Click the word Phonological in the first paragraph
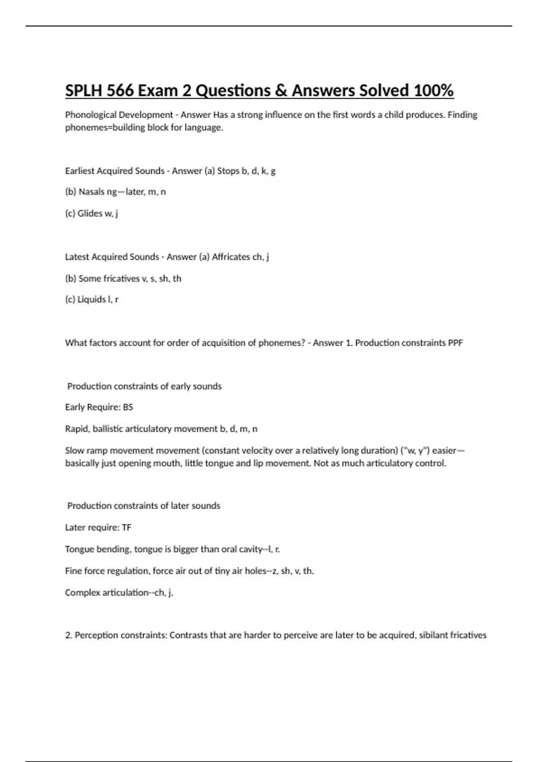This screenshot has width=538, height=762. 87,115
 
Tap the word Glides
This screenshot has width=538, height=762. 90,213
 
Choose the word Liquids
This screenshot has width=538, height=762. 91,299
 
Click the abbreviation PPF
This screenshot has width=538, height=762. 455,343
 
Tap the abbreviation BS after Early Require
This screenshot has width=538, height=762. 128,407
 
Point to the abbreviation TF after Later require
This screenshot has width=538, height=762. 126,528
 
